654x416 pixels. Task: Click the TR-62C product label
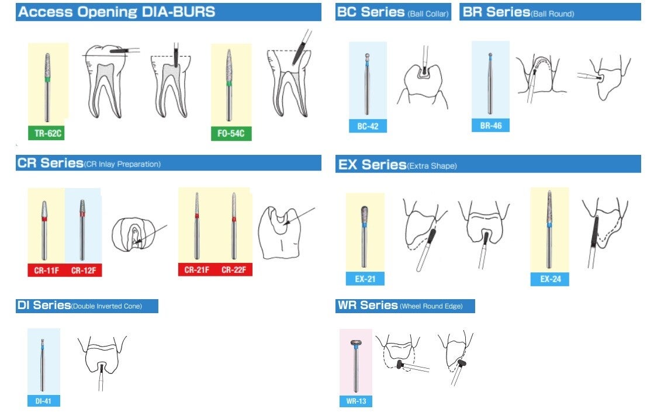[x=48, y=133]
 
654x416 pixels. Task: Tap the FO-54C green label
[x=231, y=134]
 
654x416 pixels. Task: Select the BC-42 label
[x=368, y=126]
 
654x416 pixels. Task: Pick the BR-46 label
[x=490, y=125]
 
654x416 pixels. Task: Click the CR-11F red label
[x=46, y=270]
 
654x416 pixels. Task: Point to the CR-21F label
[x=197, y=269]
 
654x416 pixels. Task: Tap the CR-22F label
[x=234, y=269]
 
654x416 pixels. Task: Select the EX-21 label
[x=365, y=279]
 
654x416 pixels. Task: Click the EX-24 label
[x=550, y=279]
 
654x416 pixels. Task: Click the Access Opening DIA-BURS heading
[x=117, y=12]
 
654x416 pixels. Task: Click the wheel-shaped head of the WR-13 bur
[x=355, y=343]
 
